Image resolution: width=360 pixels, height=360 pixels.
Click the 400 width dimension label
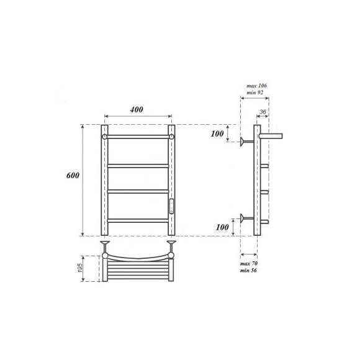[137, 109]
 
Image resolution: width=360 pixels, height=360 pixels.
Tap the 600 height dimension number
[73, 176]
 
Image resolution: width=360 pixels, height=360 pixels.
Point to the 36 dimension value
[263, 112]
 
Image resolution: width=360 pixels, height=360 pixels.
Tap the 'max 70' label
[249, 264]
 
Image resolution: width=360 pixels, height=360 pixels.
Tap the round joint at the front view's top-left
[105, 136]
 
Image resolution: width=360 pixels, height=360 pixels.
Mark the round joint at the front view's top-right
[171, 136]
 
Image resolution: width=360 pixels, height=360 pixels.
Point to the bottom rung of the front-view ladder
[138, 220]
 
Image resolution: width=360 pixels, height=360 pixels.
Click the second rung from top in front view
[138, 166]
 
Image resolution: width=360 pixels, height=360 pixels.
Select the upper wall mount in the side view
[246, 142]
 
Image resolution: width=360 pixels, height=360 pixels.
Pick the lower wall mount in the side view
[246, 218]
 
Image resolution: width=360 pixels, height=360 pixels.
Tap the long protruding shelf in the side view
[271, 134]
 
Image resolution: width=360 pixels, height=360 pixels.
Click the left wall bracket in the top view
[104, 245]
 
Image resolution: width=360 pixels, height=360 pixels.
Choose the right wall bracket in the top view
[171, 245]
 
